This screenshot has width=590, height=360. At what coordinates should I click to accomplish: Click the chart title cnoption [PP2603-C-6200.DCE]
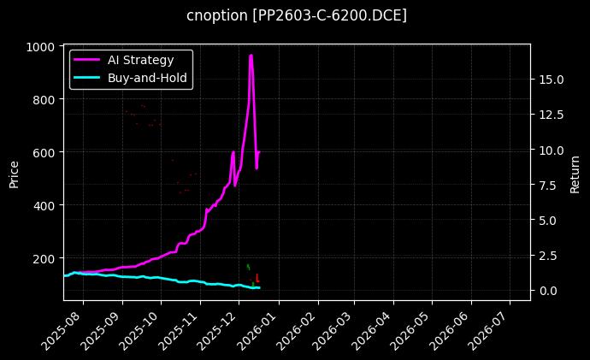296,15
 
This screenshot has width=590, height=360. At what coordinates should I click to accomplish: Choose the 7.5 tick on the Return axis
549,185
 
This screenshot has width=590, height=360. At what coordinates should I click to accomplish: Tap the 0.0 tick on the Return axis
549,291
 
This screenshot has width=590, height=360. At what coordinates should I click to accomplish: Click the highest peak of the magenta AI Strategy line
251,56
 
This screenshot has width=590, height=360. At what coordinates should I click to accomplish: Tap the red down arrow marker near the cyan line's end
257,279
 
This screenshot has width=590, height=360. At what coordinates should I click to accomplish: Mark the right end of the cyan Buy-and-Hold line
259,287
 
